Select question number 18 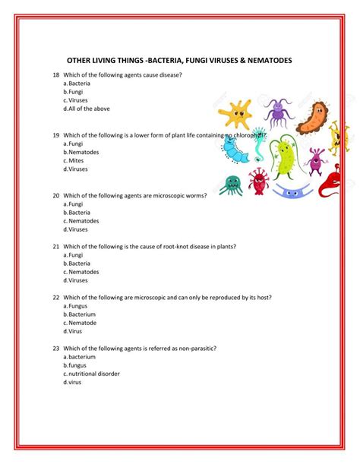pos(56,75)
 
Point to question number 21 pos(56,246)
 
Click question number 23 pos(56,348)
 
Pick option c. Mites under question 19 pos(78,160)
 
